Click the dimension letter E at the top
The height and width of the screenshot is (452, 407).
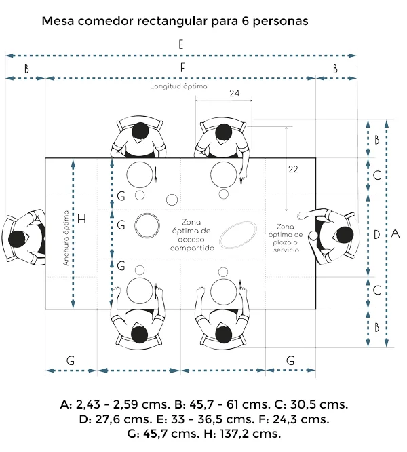pos(180,45)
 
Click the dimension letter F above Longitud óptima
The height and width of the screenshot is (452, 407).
pos(182,68)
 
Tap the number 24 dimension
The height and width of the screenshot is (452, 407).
pos(235,93)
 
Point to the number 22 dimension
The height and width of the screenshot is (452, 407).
pos(293,169)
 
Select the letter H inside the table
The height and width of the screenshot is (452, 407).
pos(82,219)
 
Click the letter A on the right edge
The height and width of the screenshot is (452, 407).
pos(395,233)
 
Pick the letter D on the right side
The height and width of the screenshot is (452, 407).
pos(376,235)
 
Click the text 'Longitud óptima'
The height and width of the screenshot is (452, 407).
pos(178,86)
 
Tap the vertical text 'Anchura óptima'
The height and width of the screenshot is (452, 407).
pos(66,238)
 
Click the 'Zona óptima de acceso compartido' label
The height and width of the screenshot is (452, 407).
pos(192,235)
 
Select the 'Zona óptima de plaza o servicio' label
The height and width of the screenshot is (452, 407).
pos(286,238)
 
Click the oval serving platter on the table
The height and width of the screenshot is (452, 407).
pos(238,235)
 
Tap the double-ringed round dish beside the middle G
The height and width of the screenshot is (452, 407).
pos(147,225)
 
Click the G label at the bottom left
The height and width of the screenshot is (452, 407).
pos(71,360)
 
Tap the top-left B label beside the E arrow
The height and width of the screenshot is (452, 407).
pos(26,69)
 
